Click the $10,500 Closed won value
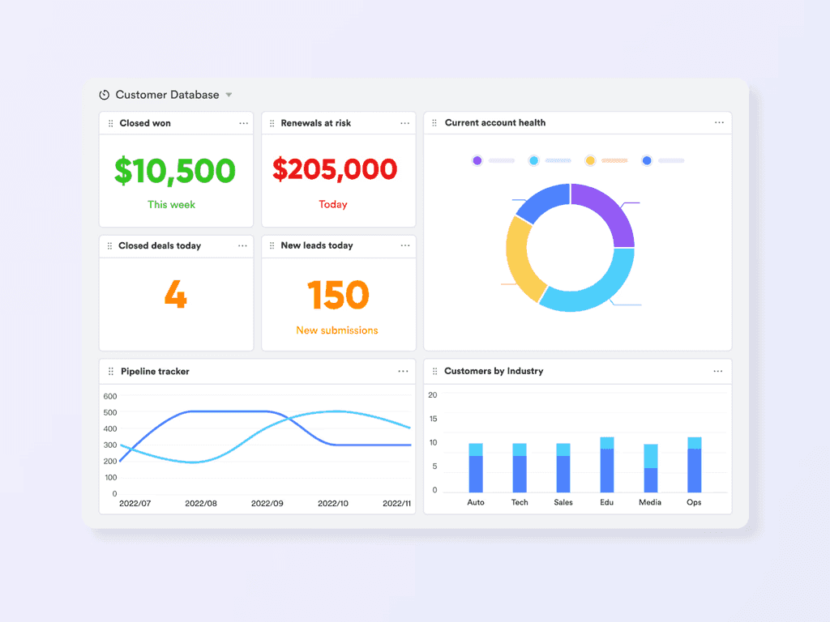click(x=175, y=170)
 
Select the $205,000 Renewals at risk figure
click(x=335, y=169)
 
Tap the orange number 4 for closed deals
click(x=175, y=296)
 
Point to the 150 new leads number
click(x=338, y=296)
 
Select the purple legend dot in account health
click(x=477, y=160)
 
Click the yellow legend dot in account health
click(x=590, y=160)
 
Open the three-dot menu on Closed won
click(x=243, y=123)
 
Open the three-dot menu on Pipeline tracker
click(x=403, y=371)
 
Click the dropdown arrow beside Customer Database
click(x=229, y=95)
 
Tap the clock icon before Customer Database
click(x=104, y=95)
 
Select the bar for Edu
click(x=607, y=465)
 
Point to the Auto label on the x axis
click(x=476, y=502)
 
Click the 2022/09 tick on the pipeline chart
click(x=267, y=503)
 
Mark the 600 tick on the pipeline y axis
click(x=110, y=396)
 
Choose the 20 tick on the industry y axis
click(x=433, y=395)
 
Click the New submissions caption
click(x=337, y=330)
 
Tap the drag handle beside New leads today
click(x=272, y=245)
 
